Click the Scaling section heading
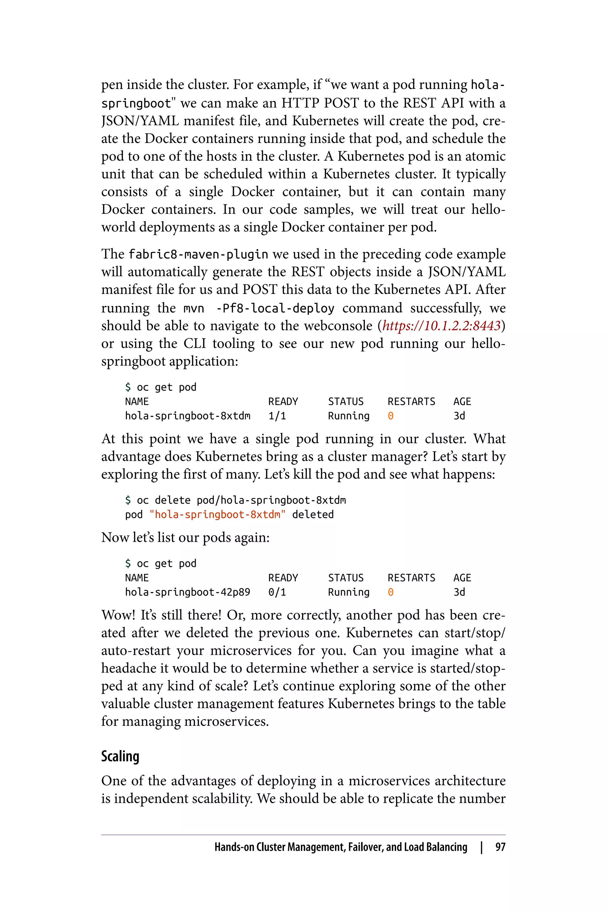coord(120,756)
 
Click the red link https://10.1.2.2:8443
coord(441,326)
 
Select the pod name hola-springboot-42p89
coord(187,592)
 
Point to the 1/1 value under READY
coord(277,416)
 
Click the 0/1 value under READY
coord(277,592)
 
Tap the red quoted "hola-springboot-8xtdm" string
coord(217,515)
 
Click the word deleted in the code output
coord(312,515)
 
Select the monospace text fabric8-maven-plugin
coord(198,254)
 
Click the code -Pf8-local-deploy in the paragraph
coord(275,308)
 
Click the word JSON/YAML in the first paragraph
coord(140,121)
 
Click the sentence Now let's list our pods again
coord(185,538)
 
